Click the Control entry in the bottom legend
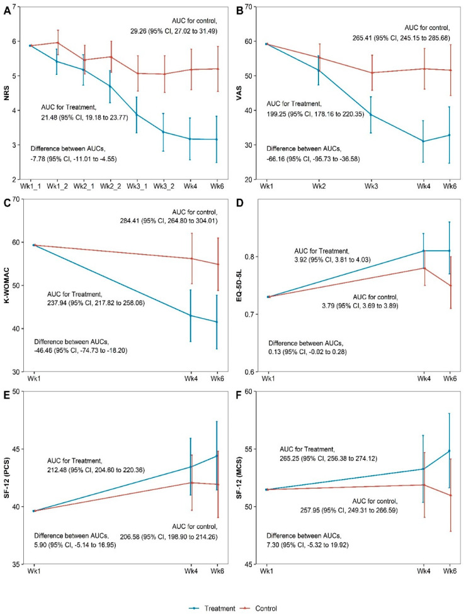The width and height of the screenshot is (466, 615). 259,608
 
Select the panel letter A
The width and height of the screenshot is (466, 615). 7,11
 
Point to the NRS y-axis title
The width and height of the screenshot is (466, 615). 7,93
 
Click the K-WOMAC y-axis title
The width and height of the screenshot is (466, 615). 7,285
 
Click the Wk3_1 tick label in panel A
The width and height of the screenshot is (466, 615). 137,186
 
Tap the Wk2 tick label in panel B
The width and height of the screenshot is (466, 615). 319,186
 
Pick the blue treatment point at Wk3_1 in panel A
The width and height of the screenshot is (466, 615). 137,114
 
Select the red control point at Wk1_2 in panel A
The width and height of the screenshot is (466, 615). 58,43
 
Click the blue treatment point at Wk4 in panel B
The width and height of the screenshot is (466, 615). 423,141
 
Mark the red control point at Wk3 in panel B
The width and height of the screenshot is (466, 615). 372,72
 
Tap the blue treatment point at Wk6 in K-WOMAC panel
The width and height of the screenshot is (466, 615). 217,322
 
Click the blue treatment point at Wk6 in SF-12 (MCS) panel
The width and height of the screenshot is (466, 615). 449,451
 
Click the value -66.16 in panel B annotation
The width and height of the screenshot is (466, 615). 276,159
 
